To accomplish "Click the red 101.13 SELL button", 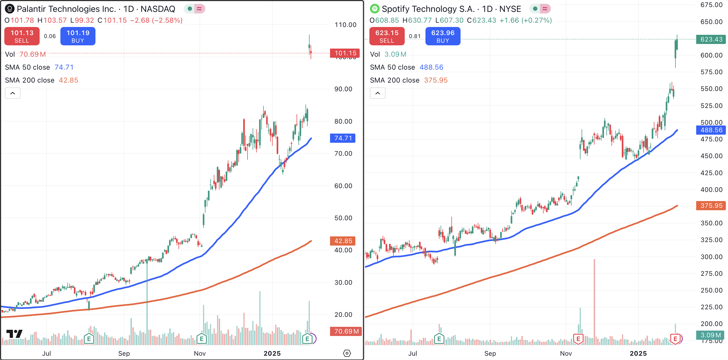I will point(22,36).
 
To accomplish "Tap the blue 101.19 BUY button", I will point(78,36).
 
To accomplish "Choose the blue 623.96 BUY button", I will point(442,36).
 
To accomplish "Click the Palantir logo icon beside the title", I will point(10,9).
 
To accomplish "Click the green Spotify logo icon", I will point(375,9).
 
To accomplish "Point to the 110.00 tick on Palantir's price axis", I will point(345,25).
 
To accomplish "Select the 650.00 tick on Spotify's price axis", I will point(711,22).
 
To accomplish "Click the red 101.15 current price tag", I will point(345,53).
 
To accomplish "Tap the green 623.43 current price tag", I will point(711,39).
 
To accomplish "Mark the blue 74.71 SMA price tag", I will point(343,138).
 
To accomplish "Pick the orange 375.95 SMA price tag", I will point(711,206).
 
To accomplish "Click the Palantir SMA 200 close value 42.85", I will point(68,80).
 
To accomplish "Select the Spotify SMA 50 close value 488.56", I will point(431,67).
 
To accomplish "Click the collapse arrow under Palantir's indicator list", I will point(13,93).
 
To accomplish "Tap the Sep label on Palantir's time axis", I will point(124,354).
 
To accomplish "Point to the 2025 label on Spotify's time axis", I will point(638,354).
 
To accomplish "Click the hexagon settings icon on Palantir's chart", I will point(347,353).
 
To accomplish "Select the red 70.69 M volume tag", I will point(346,331).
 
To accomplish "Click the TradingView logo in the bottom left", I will point(14,334).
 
